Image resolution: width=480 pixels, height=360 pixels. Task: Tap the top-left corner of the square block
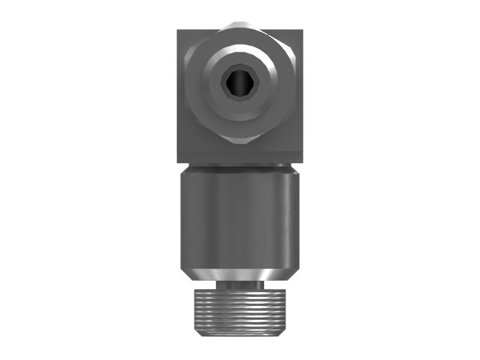(178, 31)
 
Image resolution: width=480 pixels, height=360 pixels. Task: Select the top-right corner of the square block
(302, 31)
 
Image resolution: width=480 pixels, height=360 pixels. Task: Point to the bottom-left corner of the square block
(178, 163)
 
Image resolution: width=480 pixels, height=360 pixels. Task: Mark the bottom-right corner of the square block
(302, 163)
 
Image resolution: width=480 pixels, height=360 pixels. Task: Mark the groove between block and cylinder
(240, 166)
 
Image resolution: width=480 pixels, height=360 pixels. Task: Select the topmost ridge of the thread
(240, 291)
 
